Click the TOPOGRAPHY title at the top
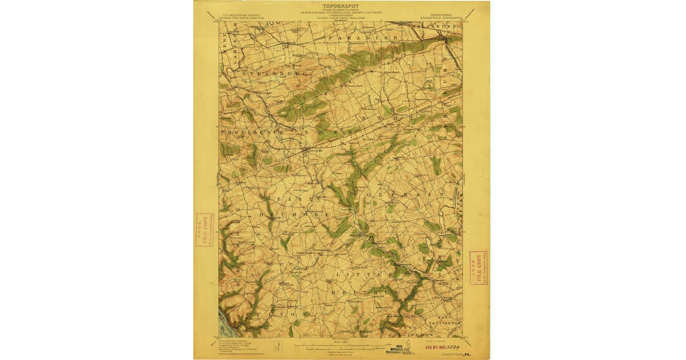tap(341, 6)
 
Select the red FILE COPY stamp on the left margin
tap(204, 229)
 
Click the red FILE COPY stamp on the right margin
tap(478, 267)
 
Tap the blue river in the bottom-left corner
tap(225, 326)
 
